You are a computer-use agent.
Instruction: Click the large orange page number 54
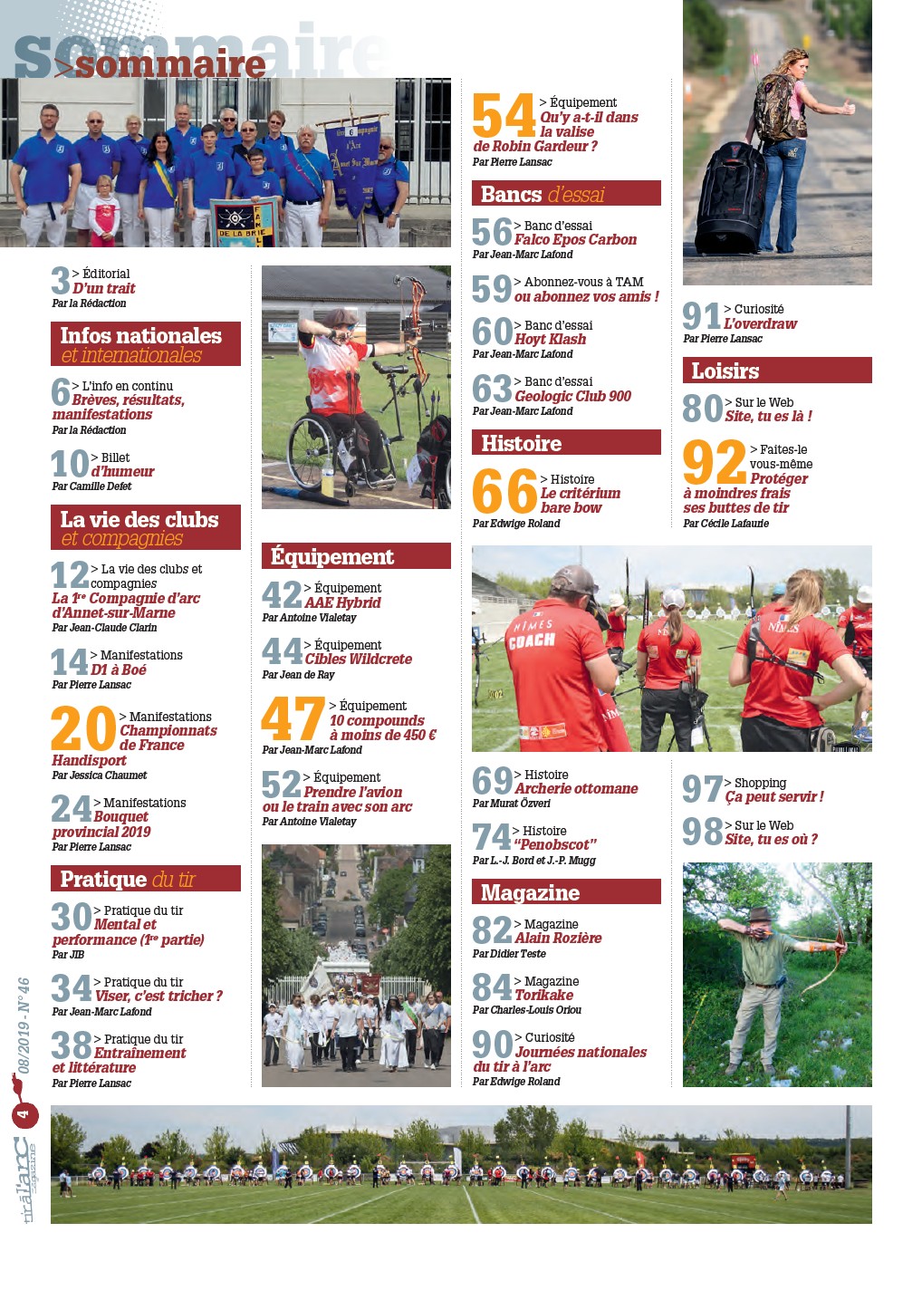click(x=504, y=116)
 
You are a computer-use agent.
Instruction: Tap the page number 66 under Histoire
click(x=504, y=492)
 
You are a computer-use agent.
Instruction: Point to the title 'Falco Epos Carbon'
click(x=575, y=240)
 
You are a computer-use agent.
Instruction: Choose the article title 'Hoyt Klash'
click(x=550, y=340)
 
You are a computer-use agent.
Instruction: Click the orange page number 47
click(x=293, y=719)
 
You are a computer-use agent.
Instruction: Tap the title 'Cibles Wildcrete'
click(x=358, y=660)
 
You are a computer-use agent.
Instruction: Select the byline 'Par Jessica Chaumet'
click(x=100, y=775)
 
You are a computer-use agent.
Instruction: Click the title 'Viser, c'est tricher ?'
click(x=158, y=997)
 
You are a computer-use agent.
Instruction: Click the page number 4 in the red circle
click(x=24, y=1113)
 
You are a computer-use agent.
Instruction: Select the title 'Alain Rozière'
click(x=558, y=939)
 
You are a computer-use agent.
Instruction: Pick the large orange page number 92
click(x=714, y=463)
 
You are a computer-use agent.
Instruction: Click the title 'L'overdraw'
click(x=761, y=324)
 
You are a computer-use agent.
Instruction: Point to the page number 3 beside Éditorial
click(x=61, y=281)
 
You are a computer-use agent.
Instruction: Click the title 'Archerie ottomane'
click(x=576, y=789)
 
